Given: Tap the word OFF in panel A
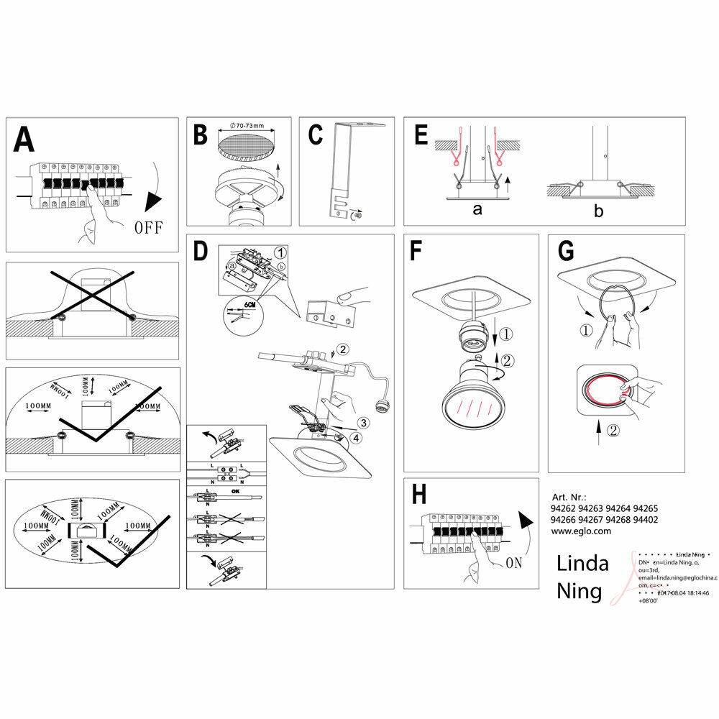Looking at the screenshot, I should point(149,228).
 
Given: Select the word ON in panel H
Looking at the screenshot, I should point(513,563).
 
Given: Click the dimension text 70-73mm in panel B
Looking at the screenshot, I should point(246,126).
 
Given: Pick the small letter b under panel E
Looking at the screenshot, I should point(598,211).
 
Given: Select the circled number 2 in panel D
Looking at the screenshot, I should point(343,350).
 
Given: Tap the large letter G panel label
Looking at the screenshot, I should point(566,252).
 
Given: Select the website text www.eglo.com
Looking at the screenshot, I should point(581,531).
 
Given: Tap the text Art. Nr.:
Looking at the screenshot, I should point(568,497).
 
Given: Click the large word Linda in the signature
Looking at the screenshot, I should point(582,563).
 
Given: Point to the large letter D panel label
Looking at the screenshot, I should point(201,252).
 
